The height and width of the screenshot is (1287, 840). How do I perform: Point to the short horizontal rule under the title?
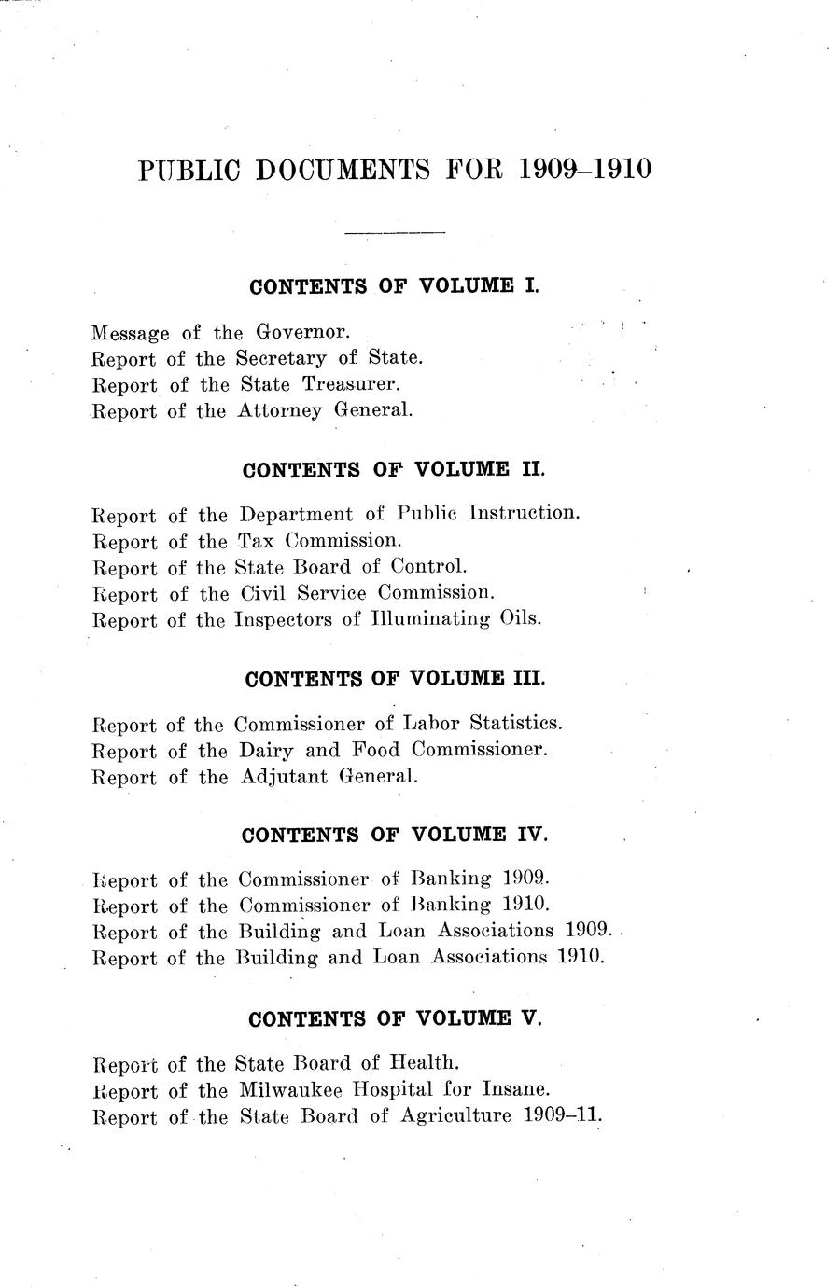click(x=395, y=231)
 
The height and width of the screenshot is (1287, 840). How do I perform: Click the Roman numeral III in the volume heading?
click(x=528, y=679)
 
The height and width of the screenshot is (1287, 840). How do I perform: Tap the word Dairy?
click(x=266, y=750)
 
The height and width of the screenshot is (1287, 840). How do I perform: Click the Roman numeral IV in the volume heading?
click(x=531, y=835)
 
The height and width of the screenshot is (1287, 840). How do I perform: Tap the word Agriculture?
click(x=455, y=1115)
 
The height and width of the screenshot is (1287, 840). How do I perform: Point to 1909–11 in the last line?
click(x=561, y=1115)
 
